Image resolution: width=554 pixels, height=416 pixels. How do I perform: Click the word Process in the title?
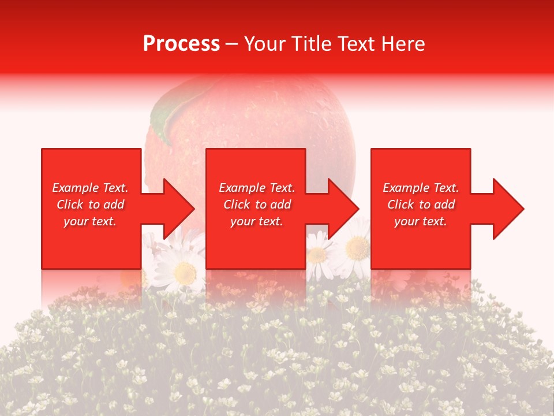[181, 44]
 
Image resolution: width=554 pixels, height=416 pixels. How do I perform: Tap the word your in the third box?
[406, 221]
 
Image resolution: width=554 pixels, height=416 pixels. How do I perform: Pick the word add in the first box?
[114, 205]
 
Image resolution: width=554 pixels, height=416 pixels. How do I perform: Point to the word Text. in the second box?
[280, 188]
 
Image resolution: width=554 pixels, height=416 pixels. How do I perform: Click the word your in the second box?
[242, 221]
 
